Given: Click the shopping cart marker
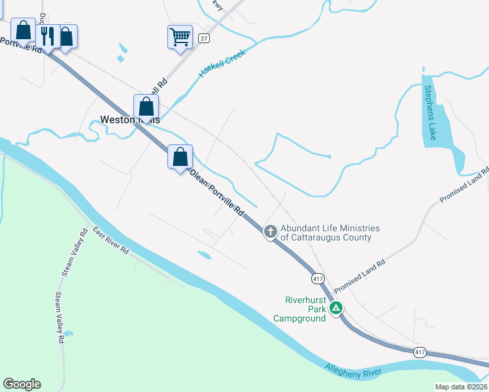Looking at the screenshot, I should (x=180, y=36).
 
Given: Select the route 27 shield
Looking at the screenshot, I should (x=205, y=38).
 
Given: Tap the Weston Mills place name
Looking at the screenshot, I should (x=129, y=120).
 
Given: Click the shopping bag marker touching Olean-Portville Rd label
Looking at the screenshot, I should (x=180, y=157).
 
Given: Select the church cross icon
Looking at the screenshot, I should (x=271, y=231).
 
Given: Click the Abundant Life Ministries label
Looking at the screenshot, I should (x=329, y=233).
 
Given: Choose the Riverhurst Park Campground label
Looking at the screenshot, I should (x=305, y=309).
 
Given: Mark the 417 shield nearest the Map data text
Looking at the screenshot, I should (x=420, y=351).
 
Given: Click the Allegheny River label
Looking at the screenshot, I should (x=353, y=372).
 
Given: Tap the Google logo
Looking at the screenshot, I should (x=22, y=384).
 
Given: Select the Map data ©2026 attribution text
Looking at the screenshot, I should (x=462, y=387).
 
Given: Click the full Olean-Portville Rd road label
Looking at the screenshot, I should (x=216, y=193).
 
